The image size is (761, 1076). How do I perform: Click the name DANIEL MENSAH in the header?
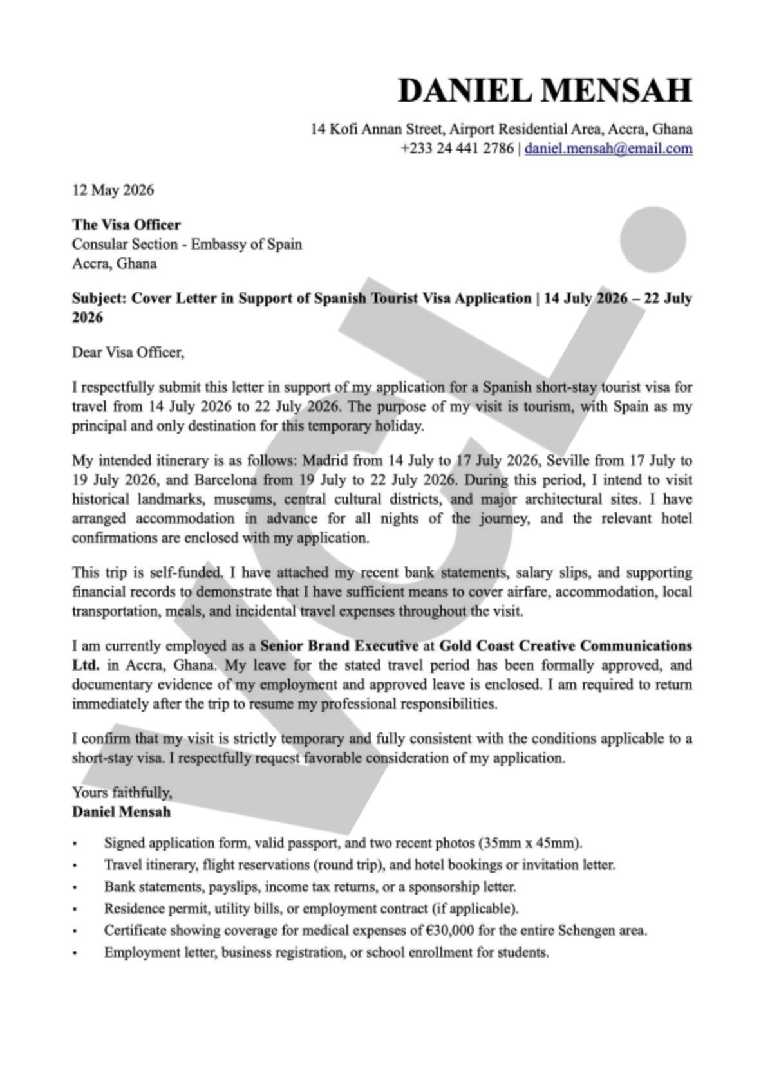[545, 89]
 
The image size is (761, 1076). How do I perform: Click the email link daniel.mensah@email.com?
[608, 148]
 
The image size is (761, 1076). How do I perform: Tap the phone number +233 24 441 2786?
[457, 148]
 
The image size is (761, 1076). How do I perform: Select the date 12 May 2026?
[113, 190]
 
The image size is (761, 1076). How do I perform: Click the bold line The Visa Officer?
[126, 225]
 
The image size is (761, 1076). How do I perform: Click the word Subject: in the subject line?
[99, 298]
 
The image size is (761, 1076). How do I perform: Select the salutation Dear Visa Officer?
[128, 352]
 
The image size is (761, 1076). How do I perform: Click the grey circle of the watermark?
[652, 239]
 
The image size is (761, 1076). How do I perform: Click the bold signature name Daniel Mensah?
[121, 812]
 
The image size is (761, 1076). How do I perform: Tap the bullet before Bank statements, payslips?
[75, 887]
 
